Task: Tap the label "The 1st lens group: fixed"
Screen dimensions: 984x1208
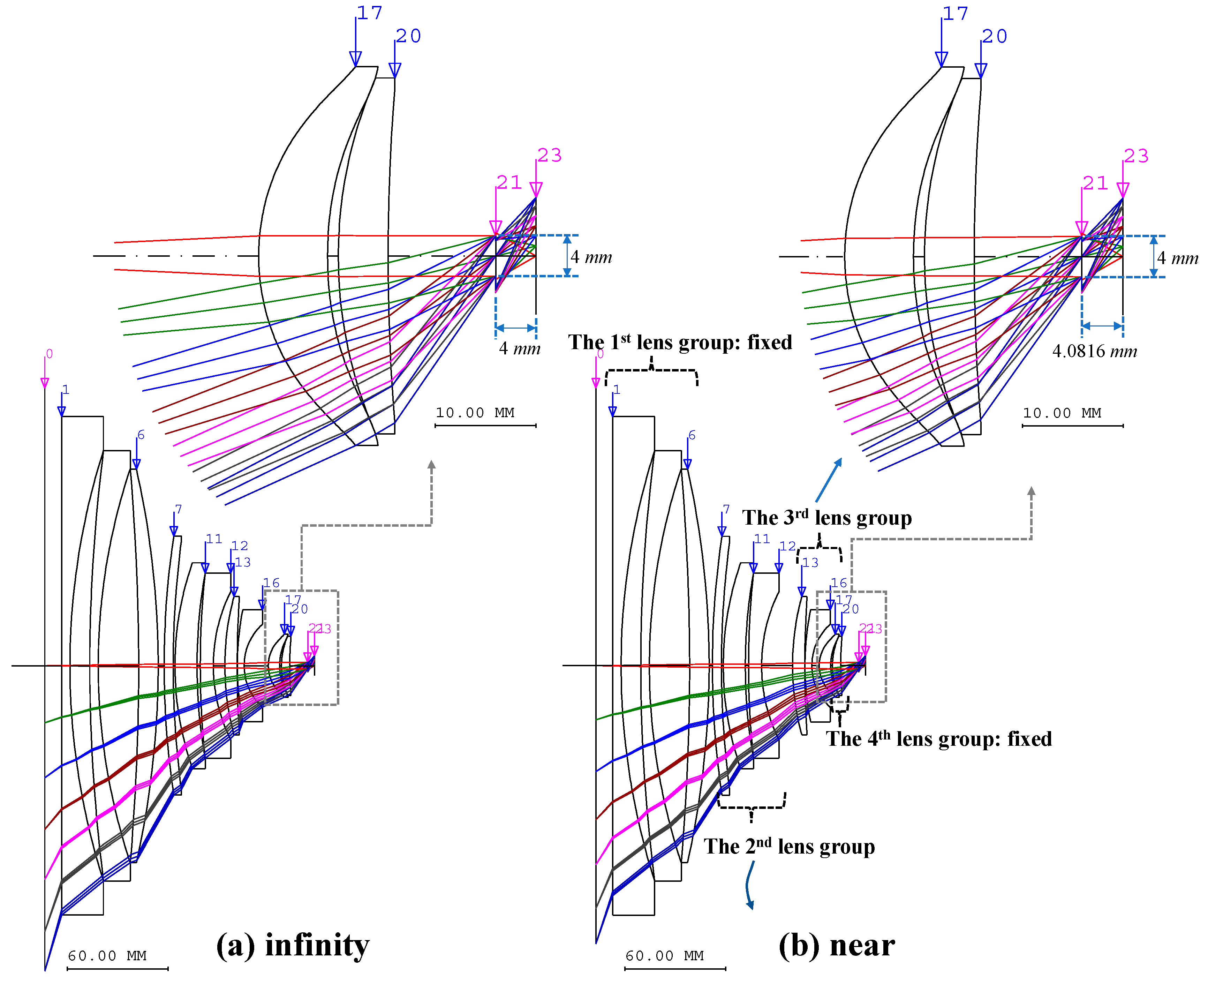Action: coord(680,343)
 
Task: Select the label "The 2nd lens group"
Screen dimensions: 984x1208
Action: coord(789,846)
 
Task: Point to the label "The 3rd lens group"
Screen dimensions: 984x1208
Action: coord(827,518)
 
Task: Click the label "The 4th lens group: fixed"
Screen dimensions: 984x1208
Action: coord(938,738)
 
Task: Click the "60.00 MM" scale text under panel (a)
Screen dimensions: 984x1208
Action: coord(107,956)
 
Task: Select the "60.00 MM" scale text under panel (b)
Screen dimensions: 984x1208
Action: coord(665,956)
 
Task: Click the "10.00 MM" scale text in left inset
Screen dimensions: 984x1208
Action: coord(475,413)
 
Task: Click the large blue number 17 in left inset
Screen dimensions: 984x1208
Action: coord(369,13)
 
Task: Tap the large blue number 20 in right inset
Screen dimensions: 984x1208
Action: coord(994,36)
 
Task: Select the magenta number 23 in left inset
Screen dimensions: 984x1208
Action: coord(549,155)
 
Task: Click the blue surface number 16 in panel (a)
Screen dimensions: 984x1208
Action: coord(271,583)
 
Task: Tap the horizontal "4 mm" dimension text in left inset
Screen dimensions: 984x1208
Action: coord(519,348)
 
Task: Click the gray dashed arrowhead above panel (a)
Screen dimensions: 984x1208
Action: coord(432,465)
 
